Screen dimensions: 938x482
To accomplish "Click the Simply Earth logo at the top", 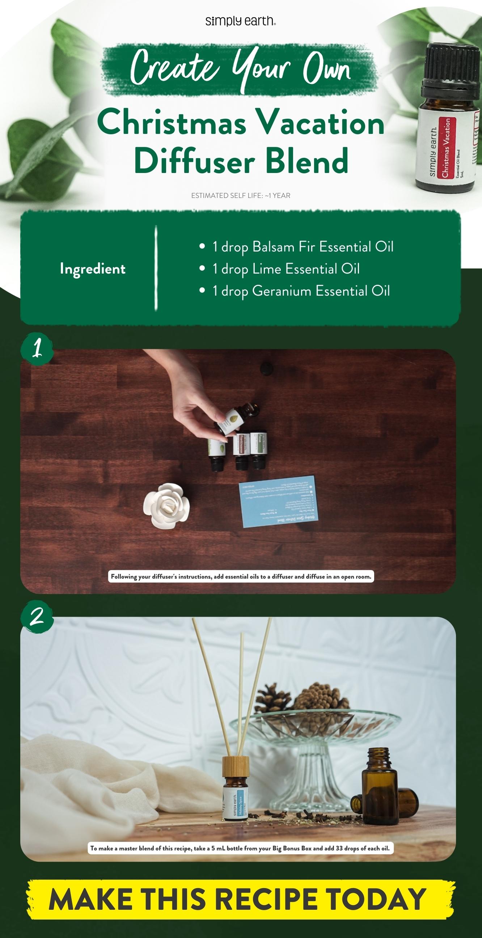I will (x=241, y=21).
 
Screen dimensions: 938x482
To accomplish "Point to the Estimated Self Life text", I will (x=241, y=195).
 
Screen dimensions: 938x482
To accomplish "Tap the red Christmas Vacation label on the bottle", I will (x=445, y=148).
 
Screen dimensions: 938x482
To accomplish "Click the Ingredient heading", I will (x=93, y=269).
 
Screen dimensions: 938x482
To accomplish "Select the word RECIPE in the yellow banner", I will (x=267, y=899).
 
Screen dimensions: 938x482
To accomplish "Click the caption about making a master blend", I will (x=240, y=848).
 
